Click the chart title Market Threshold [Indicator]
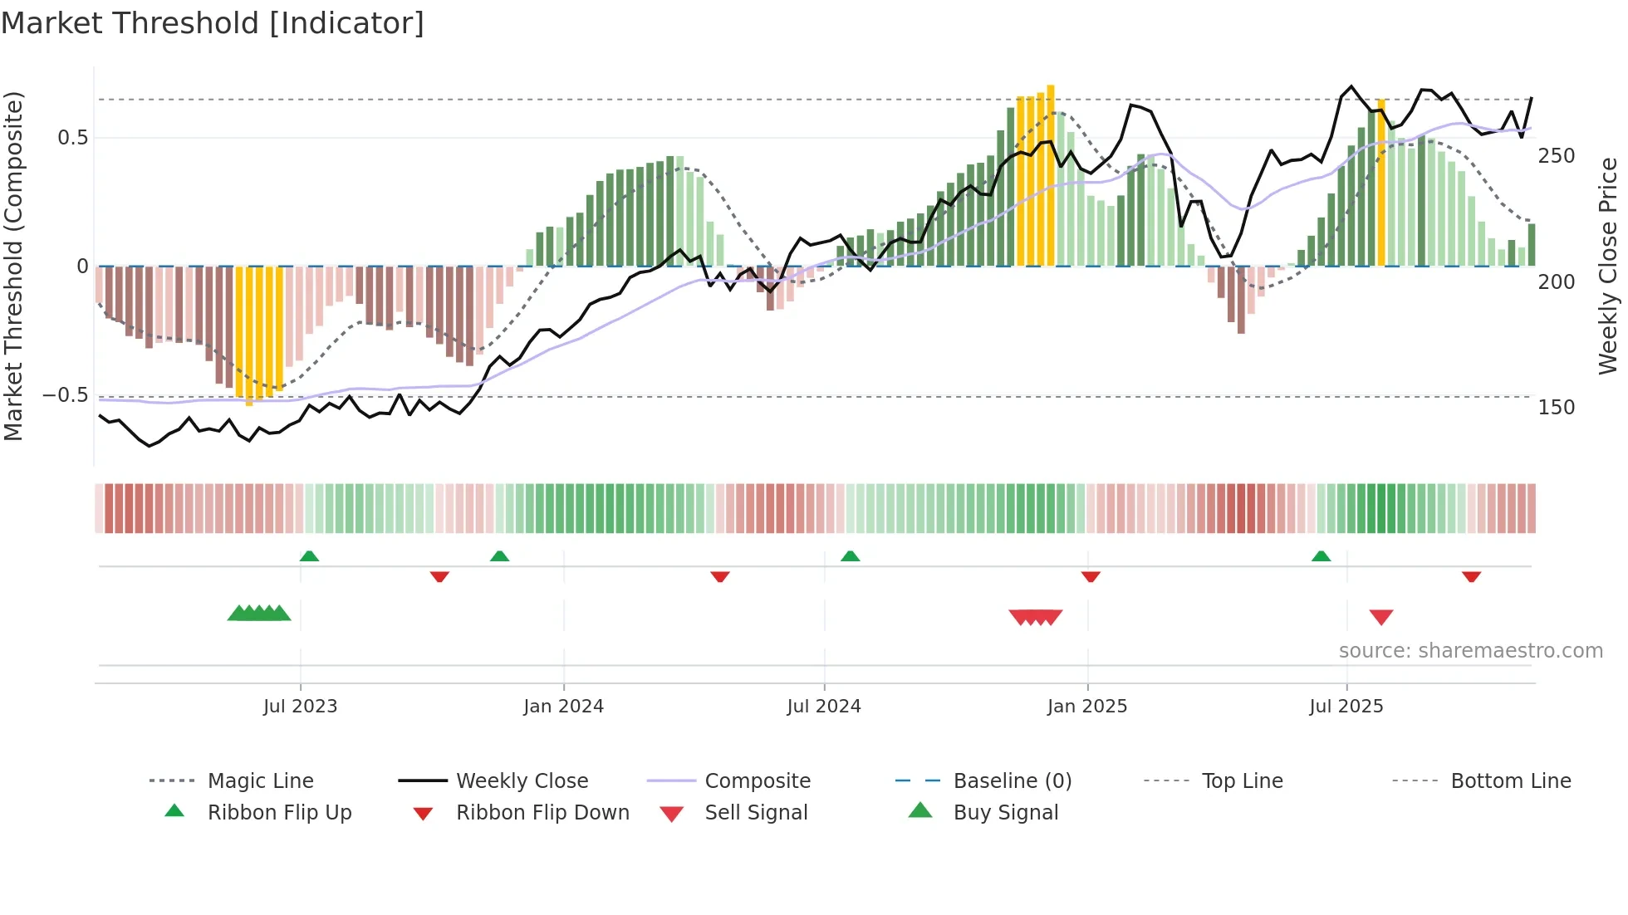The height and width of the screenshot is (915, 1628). click(x=213, y=23)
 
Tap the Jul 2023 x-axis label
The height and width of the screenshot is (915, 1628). click(x=300, y=707)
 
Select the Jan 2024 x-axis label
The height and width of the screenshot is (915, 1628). click(x=563, y=707)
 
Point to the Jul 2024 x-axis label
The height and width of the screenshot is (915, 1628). click(x=823, y=707)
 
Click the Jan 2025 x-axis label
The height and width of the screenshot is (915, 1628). click(x=1086, y=707)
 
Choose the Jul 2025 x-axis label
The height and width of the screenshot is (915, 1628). click(x=1346, y=707)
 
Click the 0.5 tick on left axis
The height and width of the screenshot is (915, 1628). click(x=73, y=138)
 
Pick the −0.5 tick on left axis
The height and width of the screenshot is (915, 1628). click(x=66, y=395)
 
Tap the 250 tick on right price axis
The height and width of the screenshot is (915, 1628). click(x=1556, y=156)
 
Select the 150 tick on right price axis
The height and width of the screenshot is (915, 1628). click(x=1556, y=408)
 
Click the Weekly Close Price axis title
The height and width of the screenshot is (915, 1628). click(x=1608, y=266)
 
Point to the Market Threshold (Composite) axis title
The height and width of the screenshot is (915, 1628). click(x=13, y=266)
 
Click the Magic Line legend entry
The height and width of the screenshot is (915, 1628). click(x=260, y=781)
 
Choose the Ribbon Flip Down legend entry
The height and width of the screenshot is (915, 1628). click(x=542, y=813)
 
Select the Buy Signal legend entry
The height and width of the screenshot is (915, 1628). click(x=1005, y=813)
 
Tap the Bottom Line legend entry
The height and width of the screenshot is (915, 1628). click(x=1510, y=781)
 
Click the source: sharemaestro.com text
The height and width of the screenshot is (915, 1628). click(x=1470, y=651)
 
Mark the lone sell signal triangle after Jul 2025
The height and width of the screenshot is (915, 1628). click(x=1380, y=617)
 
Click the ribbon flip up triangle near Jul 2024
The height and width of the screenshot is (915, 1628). click(x=850, y=556)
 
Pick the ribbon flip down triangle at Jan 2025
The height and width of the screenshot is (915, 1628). click(x=1091, y=576)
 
